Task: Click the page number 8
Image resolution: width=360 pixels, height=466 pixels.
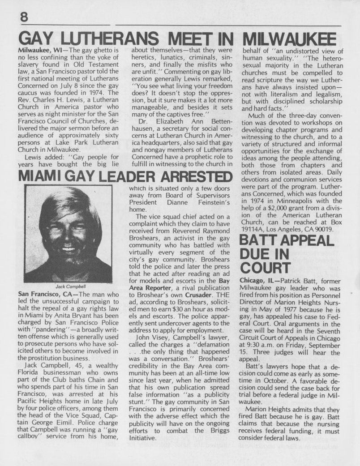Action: [x=23, y=17]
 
